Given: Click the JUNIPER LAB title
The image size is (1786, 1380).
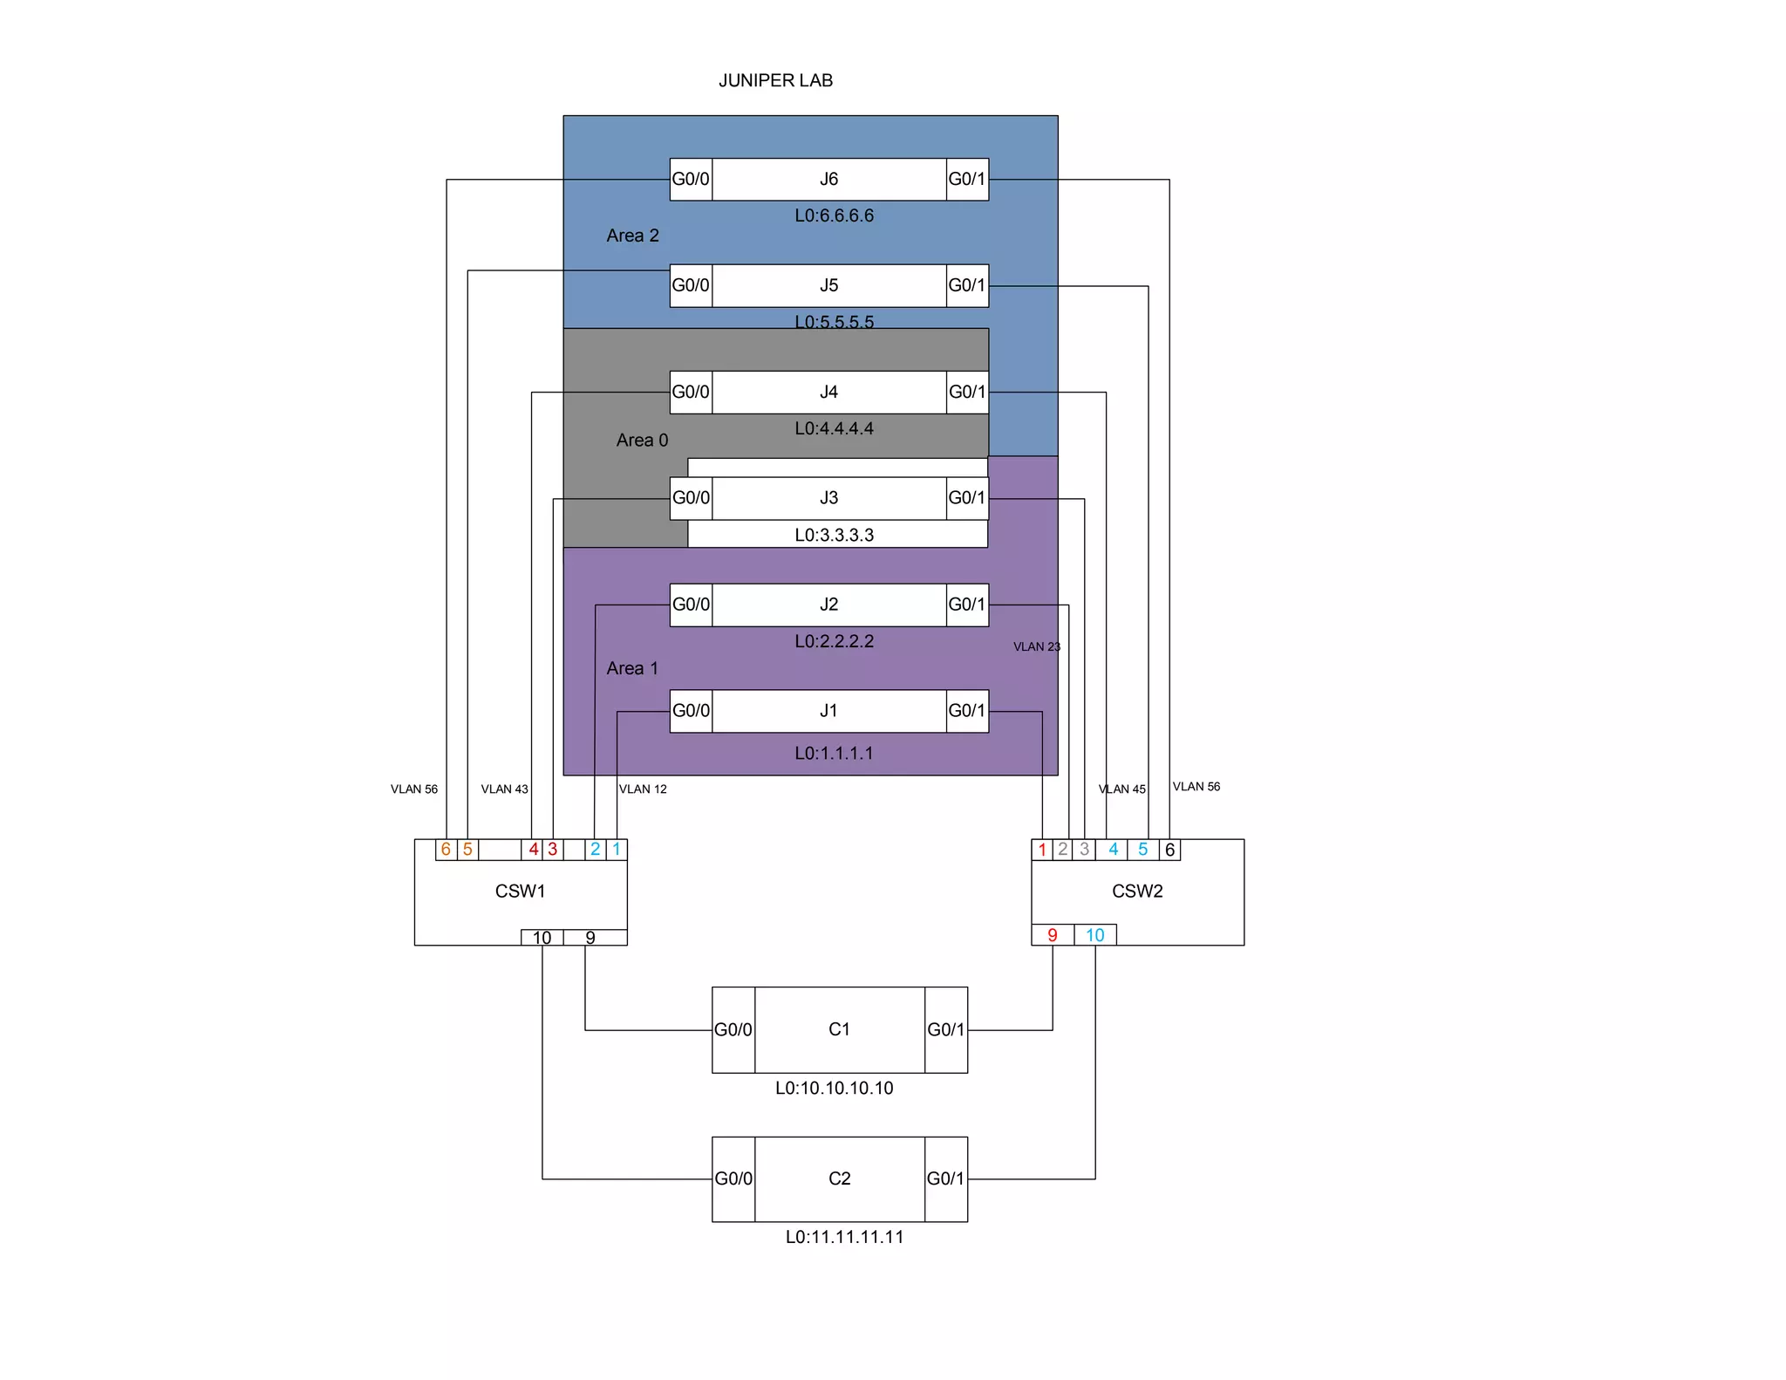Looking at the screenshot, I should [x=775, y=80].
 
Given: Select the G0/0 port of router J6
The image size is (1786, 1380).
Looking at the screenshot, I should [x=691, y=179].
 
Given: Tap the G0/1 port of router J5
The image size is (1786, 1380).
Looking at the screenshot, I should [x=967, y=285].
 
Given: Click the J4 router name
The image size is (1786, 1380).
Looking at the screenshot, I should [x=828, y=392].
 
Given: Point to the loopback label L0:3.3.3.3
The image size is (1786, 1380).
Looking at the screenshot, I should [x=834, y=535].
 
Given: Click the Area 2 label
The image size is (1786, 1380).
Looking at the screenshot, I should [x=632, y=236].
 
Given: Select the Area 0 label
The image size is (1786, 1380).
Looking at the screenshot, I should [x=642, y=440].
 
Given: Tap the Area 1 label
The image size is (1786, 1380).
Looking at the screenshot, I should [x=632, y=668].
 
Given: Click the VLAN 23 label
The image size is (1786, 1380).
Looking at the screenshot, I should [x=1036, y=646].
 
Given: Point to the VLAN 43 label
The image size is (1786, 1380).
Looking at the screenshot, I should [x=504, y=789].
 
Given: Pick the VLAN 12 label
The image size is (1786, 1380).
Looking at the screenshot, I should [x=643, y=789].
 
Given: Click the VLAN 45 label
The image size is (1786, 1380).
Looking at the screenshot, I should [x=1121, y=789].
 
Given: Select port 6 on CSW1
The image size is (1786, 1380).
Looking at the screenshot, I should [x=446, y=849].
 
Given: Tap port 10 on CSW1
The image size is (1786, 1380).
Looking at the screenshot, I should [x=542, y=938].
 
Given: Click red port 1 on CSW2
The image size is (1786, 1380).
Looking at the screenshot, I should [x=1042, y=849].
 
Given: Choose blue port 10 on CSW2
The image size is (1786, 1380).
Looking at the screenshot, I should [x=1094, y=935].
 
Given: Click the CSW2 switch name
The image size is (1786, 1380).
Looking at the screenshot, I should [x=1137, y=891].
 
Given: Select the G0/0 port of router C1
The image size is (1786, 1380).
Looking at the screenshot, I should [x=733, y=1029].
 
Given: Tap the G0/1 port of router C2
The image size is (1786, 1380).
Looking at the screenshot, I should [x=945, y=1178].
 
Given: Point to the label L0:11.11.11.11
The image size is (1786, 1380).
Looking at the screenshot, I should [x=844, y=1236].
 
